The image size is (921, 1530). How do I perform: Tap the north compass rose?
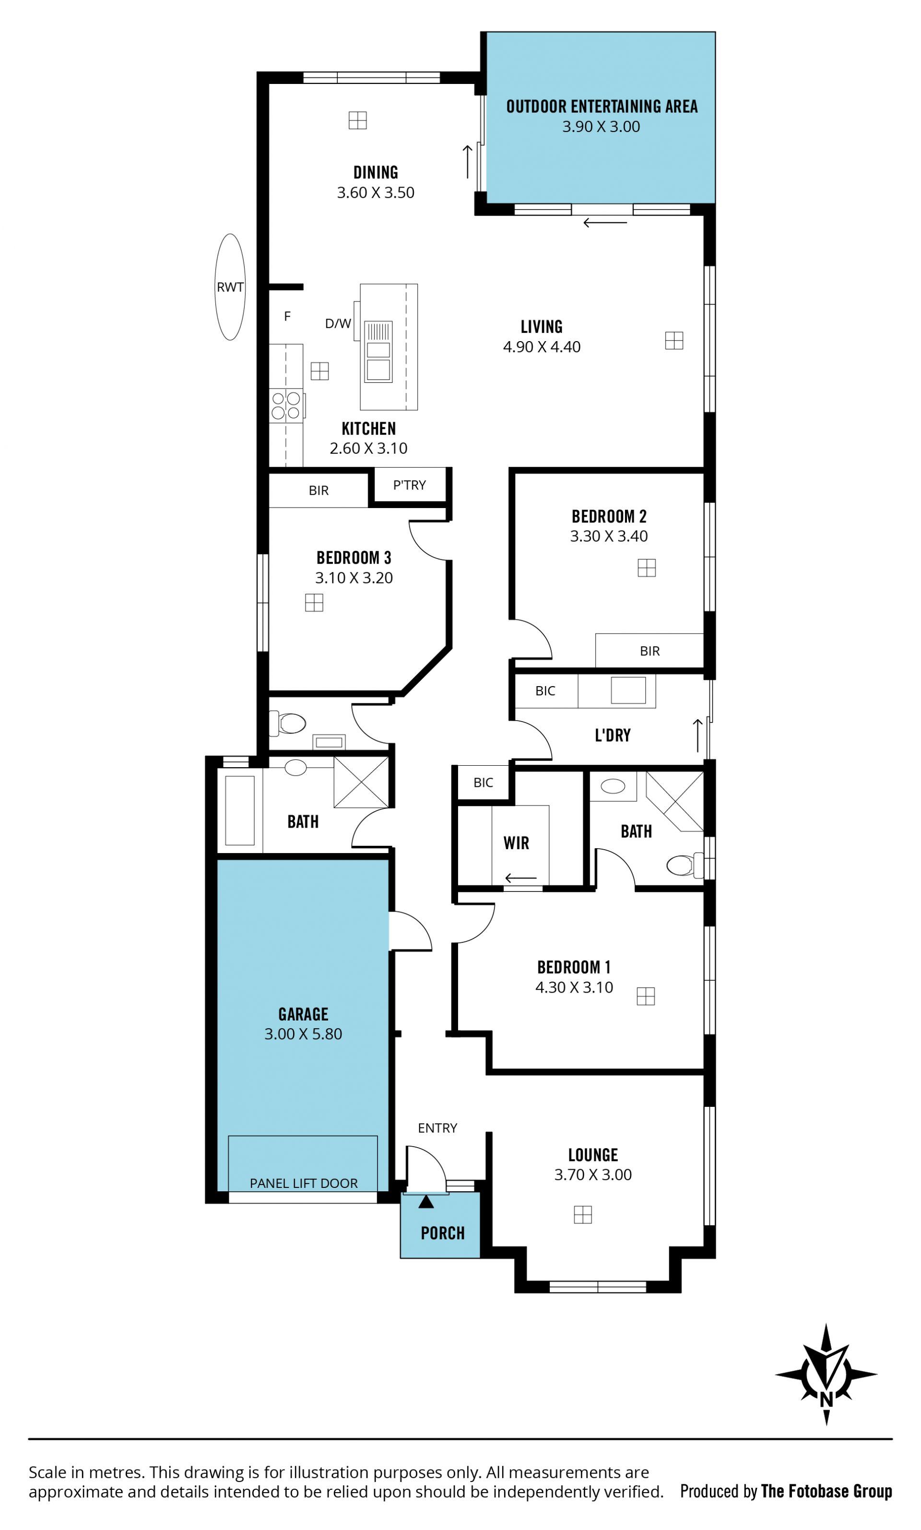point(826,1374)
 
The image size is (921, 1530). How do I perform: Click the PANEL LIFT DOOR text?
point(304,1184)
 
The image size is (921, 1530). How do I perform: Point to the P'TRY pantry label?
point(410,485)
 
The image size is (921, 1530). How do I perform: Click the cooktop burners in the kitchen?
point(286,405)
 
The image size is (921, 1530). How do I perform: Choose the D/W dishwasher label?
point(338,323)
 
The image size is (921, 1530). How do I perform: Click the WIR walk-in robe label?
point(516,843)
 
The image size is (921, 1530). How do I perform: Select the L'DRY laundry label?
point(613,735)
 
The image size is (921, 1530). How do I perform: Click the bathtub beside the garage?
point(239,810)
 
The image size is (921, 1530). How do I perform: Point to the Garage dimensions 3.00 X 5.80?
point(304,1034)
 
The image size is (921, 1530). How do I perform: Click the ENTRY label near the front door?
point(437,1128)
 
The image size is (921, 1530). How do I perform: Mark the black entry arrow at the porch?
point(426,1202)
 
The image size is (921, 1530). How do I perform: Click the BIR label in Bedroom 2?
point(650,651)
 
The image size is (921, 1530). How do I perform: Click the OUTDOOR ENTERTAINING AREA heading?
point(602,107)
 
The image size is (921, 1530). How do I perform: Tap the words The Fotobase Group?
point(827,1491)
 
